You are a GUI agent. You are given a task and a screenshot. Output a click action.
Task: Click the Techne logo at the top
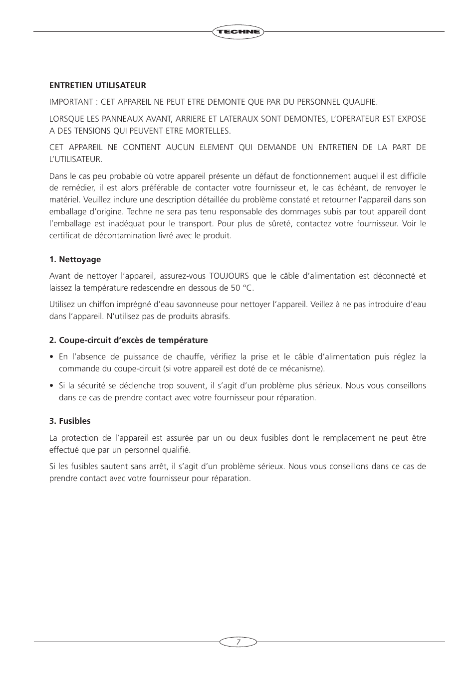point(238,32)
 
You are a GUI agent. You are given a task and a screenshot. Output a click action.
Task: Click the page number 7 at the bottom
point(238,642)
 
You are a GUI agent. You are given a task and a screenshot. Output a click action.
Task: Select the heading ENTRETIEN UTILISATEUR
point(97,85)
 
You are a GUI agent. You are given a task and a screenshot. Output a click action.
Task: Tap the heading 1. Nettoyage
point(75,259)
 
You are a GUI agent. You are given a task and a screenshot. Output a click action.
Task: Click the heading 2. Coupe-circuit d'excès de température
point(128,340)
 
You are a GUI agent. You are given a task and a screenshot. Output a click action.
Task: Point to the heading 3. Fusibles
point(70,421)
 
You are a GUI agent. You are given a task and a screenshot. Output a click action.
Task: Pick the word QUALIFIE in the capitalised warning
point(359,102)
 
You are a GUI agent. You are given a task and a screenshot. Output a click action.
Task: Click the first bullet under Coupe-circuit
point(51,357)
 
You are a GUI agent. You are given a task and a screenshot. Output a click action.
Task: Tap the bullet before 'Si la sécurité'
point(51,386)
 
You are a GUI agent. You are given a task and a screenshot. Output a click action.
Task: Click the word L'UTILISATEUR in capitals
point(75,160)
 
